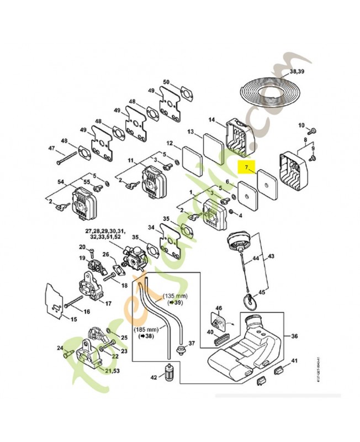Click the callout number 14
pyautogui.click(x=211, y=119)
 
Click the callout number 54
pyautogui.click(x=61, y=182)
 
